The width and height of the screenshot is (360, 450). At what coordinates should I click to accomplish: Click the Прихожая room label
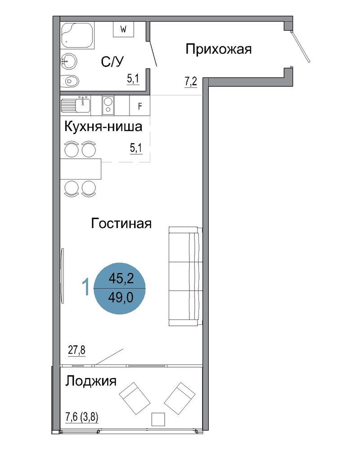tap(218, 49)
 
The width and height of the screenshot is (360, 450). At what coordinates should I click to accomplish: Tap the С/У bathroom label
tap(112, 61)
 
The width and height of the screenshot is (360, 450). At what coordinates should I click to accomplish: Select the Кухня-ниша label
tap(103, 126)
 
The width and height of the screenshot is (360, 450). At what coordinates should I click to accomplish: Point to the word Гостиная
tap(121, 223)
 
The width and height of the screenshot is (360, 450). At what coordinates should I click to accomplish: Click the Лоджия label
tap(91, 381)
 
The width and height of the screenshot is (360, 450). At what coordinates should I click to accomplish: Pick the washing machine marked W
tap(123, 29)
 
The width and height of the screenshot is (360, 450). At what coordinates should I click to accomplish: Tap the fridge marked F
tap(140, 106)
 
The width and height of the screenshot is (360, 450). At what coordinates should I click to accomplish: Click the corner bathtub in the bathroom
tap(77, 35)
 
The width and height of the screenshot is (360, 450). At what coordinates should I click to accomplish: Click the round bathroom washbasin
tap(69, 61)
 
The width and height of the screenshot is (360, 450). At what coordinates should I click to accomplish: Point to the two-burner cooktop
tap(108, 105)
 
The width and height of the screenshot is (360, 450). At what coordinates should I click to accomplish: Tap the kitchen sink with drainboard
tap(76, 105)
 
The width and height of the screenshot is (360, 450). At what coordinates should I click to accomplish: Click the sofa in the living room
tap(185, 276)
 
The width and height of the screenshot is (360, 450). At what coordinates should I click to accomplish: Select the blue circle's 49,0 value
tap(121, 298)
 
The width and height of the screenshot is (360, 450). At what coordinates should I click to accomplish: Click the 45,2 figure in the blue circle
tap(121, 278)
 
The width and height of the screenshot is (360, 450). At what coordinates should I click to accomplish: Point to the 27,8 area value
tap(76, 350)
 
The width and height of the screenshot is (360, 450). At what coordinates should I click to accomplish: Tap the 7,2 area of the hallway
tap(191, 82)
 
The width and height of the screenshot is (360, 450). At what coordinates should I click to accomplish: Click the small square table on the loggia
tap(158, 419)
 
